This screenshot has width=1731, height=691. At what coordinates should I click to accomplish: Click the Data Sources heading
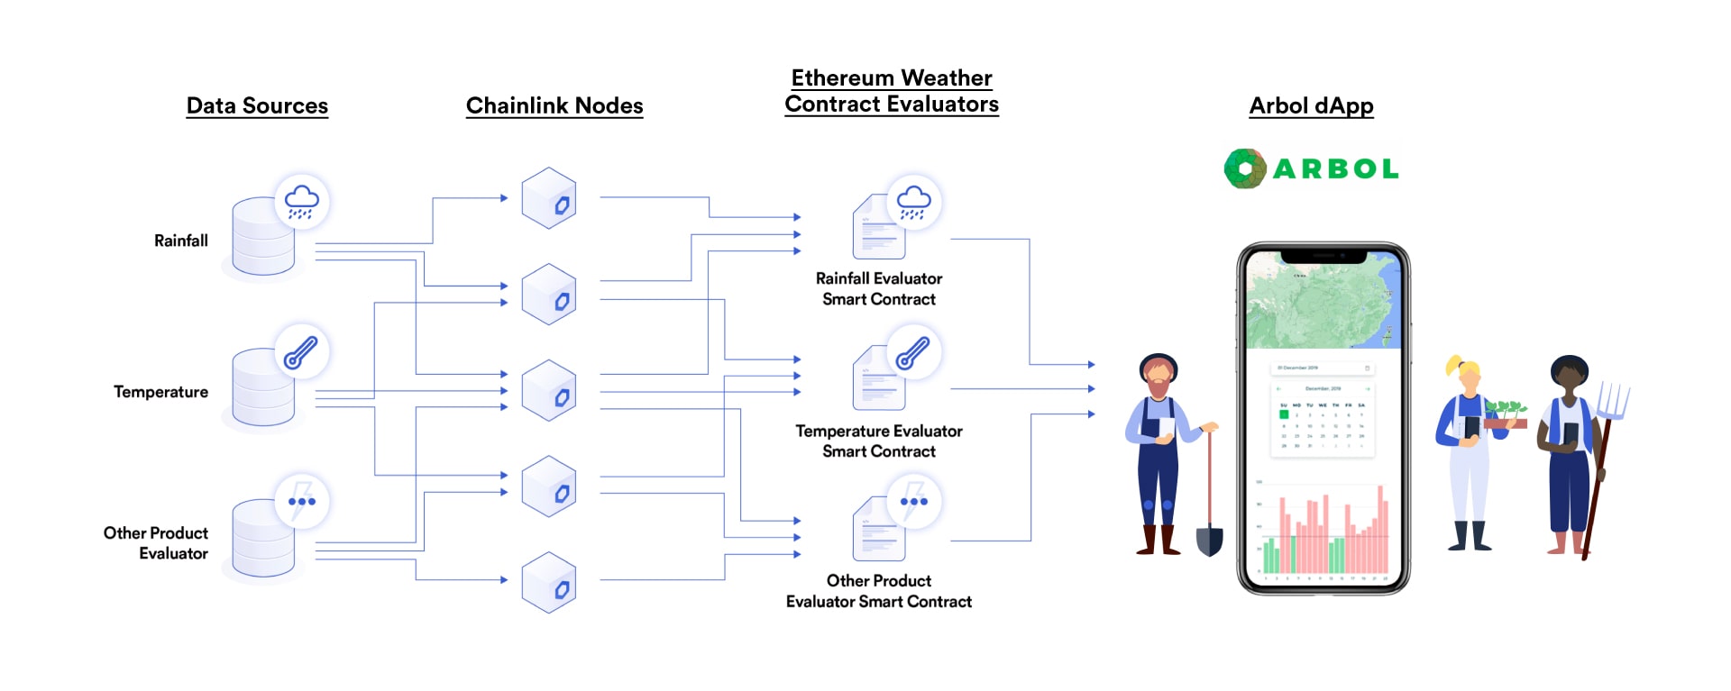tap(257, 105)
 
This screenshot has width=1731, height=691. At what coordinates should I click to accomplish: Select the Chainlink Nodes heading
tap(554, 105)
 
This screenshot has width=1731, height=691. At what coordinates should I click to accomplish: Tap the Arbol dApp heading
tap(1311, 105)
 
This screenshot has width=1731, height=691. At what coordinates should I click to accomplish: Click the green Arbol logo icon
tap(1245, 168)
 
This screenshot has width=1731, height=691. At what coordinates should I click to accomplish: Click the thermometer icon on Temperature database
tap(301, 351)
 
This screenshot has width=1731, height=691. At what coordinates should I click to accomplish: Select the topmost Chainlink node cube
tap(548, 198)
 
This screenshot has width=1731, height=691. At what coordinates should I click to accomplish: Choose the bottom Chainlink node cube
tap(548, 583)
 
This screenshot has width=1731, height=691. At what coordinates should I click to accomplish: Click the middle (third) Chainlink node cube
tap(548, 390)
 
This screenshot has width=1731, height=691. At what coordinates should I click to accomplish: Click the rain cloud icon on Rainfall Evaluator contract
tap(913, 202)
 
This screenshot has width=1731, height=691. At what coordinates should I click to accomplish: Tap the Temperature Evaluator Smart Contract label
tap(878, 441)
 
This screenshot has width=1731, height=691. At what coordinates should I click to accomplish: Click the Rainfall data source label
tap(180, 241)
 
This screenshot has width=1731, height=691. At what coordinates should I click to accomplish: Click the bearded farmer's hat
tap(1158, 362)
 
